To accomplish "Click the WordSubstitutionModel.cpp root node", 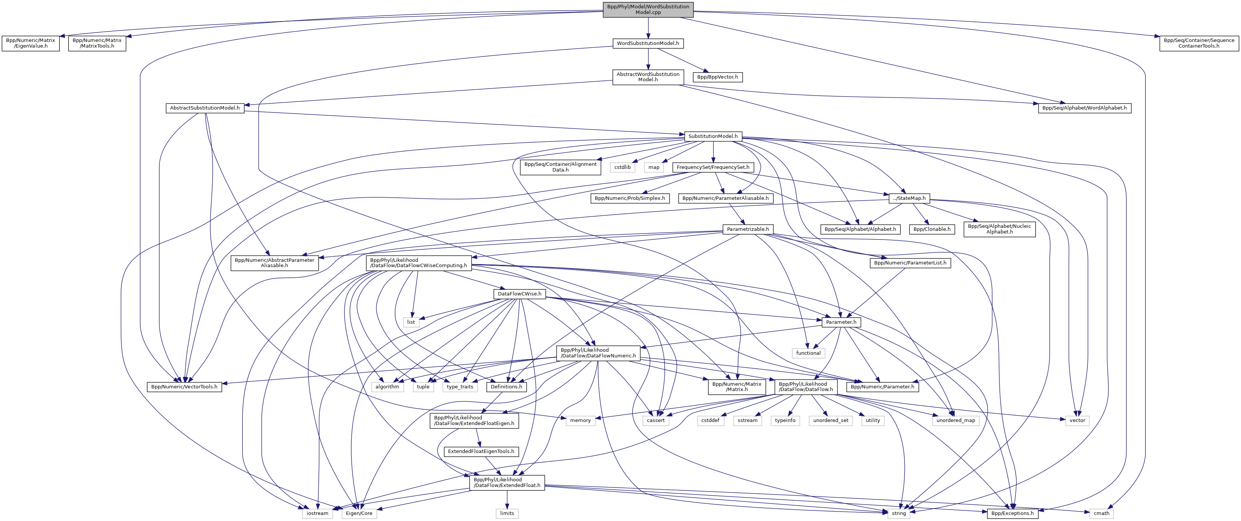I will [648, 9].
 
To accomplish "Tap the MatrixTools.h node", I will [97, 43].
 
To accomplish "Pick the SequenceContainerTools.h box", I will [1199, 43].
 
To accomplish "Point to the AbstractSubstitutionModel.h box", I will [205, 108].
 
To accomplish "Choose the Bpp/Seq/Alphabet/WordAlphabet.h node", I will [1084, 108].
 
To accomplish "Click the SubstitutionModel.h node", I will [713, 136].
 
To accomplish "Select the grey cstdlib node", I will [622, 167].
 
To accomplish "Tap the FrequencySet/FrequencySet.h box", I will [713, 167].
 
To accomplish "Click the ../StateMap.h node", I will [909, 198].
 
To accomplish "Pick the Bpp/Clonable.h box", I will [932, 229].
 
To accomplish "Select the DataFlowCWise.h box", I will [519, 294].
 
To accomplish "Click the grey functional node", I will [808, 353].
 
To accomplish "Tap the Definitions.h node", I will [507, 386].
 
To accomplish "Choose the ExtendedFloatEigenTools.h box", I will [481, 451].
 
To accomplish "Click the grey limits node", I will [507, 513].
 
